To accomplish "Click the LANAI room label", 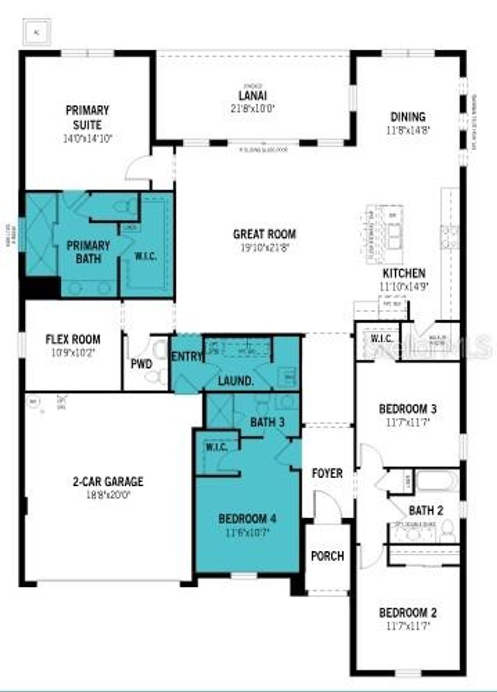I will point(253,96).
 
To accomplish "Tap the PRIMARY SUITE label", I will point(87,117).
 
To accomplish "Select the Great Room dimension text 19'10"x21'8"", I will point(265,247).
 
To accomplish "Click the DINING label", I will point(408,117).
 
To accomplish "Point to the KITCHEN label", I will point(404,273).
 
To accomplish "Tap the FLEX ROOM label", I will point(73,339).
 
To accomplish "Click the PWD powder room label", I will point(141,363).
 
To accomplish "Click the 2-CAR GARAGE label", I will point(108,481).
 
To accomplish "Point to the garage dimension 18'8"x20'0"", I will point(108,494).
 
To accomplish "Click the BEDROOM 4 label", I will point(247,518).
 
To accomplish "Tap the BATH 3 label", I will point(267,422).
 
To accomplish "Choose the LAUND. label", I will point(236,381).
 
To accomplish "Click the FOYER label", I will point(327,473).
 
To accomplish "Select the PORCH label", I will point(327,556).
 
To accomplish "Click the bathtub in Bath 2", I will point(437,481).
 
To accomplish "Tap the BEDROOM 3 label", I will point(408,409).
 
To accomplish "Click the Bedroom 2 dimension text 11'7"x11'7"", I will point(408,626).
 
